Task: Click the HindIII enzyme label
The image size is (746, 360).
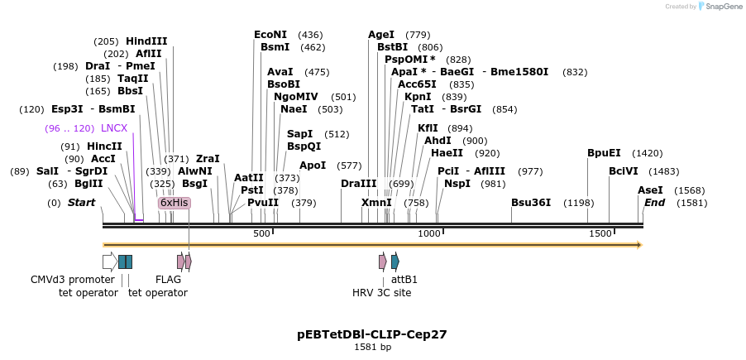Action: (x=146, y=41)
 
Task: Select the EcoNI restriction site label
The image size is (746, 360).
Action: (x=270, y=35)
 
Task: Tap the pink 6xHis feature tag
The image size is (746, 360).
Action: (x=175, y=203)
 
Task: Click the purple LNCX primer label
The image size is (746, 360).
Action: (x=114, y=128)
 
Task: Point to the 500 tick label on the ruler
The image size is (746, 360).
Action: (x=261, y=234)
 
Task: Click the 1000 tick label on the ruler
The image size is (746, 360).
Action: (x=429, y=234)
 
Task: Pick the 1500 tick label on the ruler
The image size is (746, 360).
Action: (x=600, y=234)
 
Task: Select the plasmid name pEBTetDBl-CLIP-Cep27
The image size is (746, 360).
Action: (x=372, y=334)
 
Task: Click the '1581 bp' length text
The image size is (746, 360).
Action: (x=372, y=348)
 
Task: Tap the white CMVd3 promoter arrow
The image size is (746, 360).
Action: (x=109, y=262)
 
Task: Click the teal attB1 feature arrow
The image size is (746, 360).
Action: (x=395, y=262)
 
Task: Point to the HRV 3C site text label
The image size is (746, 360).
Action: (x=381, y=292)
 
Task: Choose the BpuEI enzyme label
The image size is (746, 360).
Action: (x=604, y=153)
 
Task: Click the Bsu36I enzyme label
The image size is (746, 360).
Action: (x=531, y=203)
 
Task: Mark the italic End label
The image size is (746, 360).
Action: (x=654, y=203)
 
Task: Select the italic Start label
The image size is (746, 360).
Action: (x=81, y=203)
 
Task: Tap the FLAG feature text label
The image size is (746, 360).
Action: (x=168, y=280)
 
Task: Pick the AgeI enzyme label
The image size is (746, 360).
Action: (x=381, y=35)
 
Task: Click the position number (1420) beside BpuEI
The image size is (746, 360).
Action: (x=647, y=153)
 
